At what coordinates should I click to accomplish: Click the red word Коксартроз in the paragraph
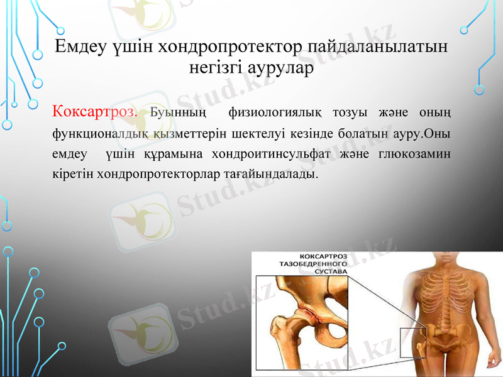pos(95,112)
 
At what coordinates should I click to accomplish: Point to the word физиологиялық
pos(277,113)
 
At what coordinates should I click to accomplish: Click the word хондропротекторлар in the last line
pos(157,173)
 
